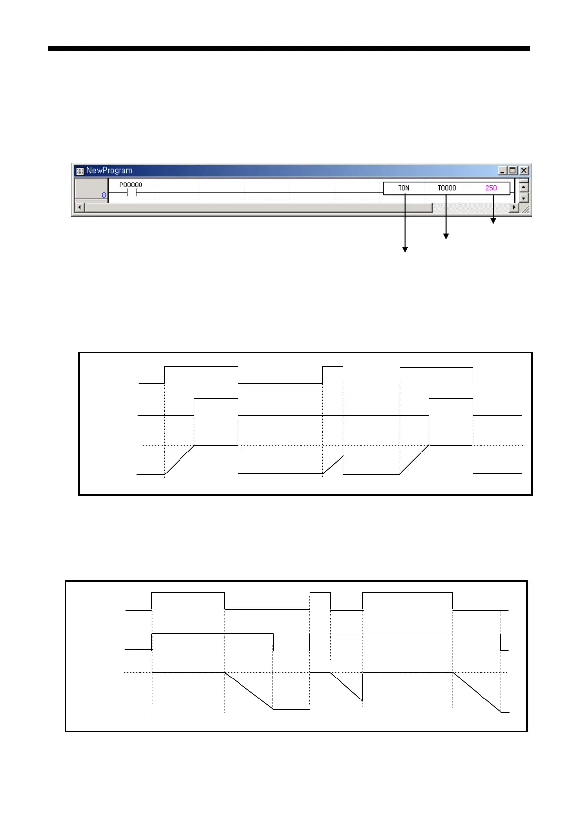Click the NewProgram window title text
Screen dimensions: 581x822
pyautogui.click(x=109, y=170)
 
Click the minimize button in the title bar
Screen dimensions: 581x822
pyautogui.click(x=502, y=170)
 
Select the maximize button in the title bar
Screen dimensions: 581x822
pyautogui.click(x=512, y=170)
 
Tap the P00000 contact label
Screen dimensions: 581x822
pyautogui.click(x=131, y=185)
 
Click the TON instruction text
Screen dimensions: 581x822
pyautogui.click(x=403, y=188)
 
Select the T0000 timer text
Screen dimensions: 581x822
pyautogui.click(x=446, y=188)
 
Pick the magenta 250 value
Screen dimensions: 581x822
pyautogui.click(x=491, y=188)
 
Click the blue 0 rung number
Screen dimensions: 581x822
pyautogui.click(x=104, y=195)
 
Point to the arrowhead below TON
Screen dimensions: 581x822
pyautogui.click(x=405, y=249)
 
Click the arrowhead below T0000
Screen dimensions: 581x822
pyautogui.click(x=446, y=236)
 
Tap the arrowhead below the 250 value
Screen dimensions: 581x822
pyautogui.click(x=493, y=221)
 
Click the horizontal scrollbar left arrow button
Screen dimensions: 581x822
pyautogui.click(x=80, y=208)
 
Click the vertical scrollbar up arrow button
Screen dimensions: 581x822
pyautogui.click(x=523, y=186)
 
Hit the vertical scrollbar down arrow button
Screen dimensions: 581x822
pyautogui.click(x=523, y=198)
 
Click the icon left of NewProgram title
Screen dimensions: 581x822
pyautogui.click(x=80, y=171)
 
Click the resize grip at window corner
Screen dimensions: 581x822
pyautogui.click(x=525, y=209)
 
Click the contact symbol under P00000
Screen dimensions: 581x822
pyautogui.click(x=131, y=193)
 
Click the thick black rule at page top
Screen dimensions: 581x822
pyautogui.click(x=289, y=49)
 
